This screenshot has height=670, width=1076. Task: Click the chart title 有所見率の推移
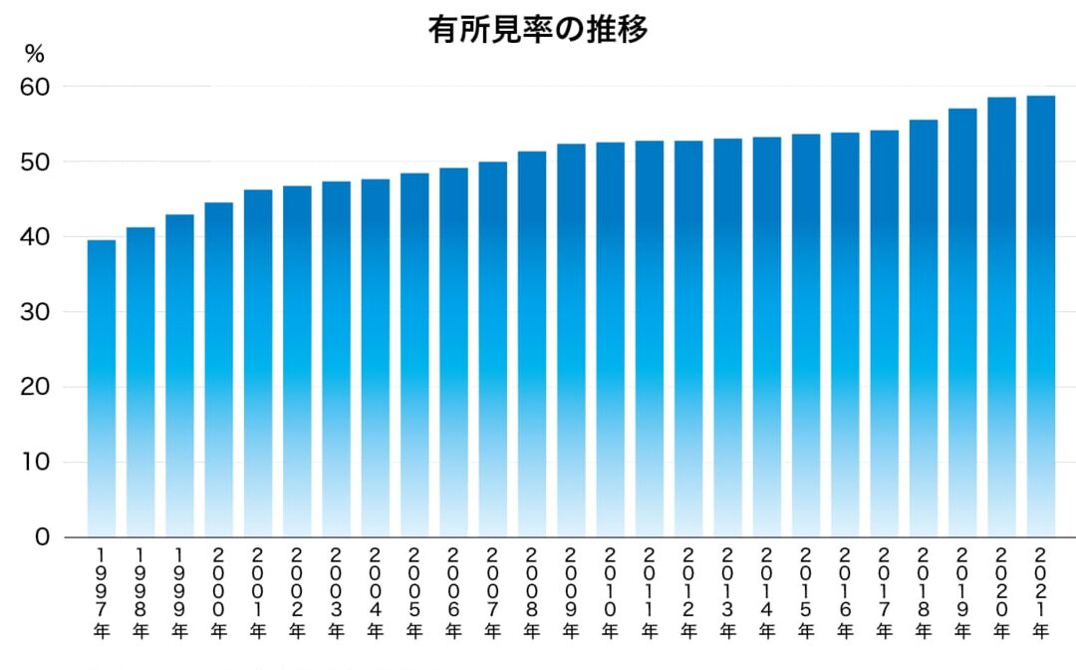[x=538, y=30]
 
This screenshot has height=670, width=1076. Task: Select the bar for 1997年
[x=102, y=389]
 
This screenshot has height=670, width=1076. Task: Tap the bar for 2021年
[x=1041, y=316]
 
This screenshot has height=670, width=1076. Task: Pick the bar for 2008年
[x=532, y=344]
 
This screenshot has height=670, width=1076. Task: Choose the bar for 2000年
[x=219, y=370]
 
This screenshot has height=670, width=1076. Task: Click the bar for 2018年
[x=924, y=329]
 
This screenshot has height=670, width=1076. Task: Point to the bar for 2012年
[x=688, y=339]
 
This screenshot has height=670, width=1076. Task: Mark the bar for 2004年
[x=376, y=358]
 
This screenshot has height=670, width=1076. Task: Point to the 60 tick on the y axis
[x=35, y=87]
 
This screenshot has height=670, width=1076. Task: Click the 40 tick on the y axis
[x=35, y=237]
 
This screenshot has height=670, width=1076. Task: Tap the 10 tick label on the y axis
[x=35, y=462]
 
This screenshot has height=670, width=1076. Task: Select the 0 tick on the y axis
[x=43, y=536]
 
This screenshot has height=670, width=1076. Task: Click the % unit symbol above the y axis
[x=34, y=54]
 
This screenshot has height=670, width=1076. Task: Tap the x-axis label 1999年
[x=179, y=593]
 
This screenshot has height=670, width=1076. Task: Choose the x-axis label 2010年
[x=610, y=593]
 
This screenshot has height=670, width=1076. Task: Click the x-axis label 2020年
[x=1002, y=593]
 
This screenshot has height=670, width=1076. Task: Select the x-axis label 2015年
[x=806, y=593]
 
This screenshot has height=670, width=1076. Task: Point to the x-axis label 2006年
[x=453, y=593]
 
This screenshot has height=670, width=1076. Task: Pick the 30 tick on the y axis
[x=35, y=312]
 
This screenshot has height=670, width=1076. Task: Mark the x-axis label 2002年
[x=297, y=593]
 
